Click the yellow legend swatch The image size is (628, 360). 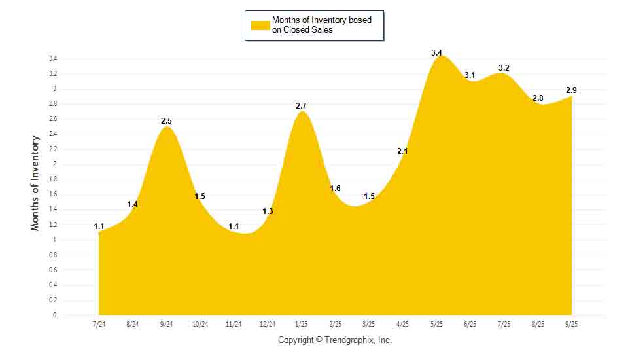(260, 25)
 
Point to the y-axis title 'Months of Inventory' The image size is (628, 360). (36, 183)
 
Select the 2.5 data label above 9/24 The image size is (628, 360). (167, 121)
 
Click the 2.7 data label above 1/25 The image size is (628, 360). (302, 105)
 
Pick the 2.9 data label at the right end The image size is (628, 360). (571, 90)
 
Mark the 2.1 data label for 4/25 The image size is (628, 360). (402, 151)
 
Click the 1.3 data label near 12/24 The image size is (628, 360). (268, 211)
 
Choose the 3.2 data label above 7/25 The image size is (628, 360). (504, 67)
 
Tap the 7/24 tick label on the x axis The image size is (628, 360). (99, 324)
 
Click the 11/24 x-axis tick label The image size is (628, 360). (234, 324)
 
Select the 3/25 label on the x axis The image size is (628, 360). (369, 324)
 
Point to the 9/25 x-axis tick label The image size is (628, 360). (571, 324)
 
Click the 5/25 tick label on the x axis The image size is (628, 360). (436, 324)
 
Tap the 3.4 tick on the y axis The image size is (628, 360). (52, 58)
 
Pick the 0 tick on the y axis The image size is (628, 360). (55, 315)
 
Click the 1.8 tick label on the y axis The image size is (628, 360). (52, 179)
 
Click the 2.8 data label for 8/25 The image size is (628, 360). (538, 98)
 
